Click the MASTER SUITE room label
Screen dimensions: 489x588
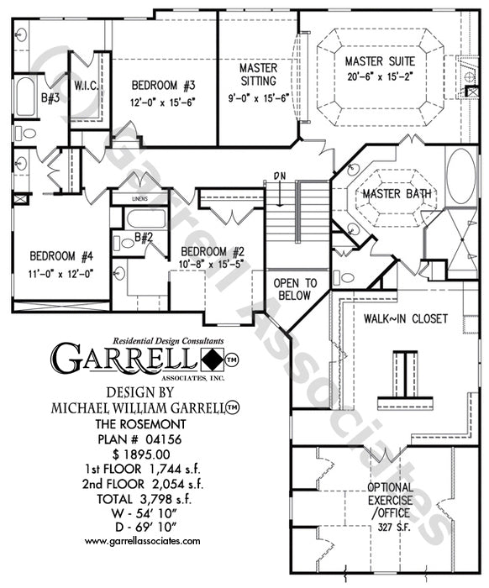[x=380, y=61]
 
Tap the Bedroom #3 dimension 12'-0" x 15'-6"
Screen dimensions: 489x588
[x=164, y=102]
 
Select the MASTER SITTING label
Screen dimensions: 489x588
[x=259, y=74]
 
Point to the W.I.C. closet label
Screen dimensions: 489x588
[x=87, y=87]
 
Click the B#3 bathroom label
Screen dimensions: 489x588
[x=50, y=98]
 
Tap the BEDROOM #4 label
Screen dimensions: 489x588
[x=61, y=256]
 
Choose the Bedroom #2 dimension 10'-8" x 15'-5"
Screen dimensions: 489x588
[x=212, y=264]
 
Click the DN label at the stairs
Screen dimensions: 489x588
[x=279, y=175]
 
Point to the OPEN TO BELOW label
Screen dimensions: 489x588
[x=295, y=289]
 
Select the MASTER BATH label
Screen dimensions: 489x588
[x=397, y=194]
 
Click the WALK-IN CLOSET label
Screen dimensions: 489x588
[x=405, y=318]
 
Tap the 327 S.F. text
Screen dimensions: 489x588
[x=394, y=527]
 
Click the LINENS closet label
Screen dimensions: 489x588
[x=139, y=199]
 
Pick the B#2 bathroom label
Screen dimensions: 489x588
[x=144, y=237]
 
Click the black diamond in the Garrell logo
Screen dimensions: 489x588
[x=213, y=360]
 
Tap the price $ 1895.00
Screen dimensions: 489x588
[x=141, y=454]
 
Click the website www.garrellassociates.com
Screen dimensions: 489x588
[x=143, y=541]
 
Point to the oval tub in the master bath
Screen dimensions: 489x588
[x=461, y=176]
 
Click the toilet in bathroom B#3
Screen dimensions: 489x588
[x=25, y=133]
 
